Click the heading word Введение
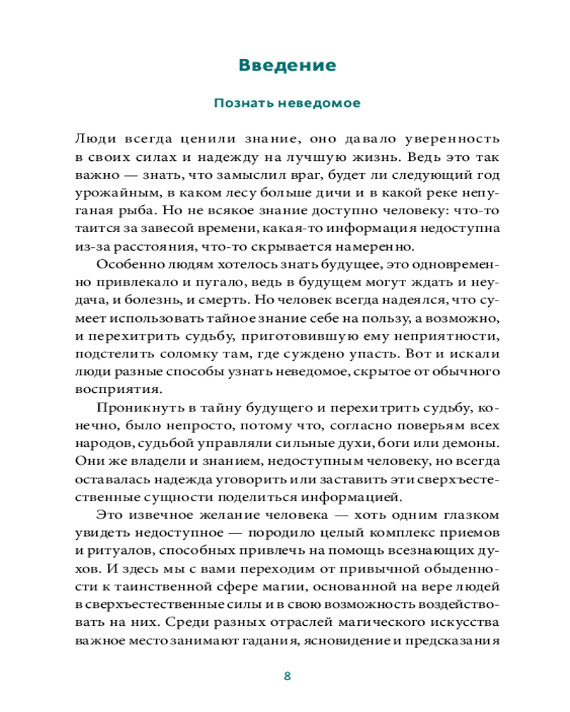[287, 66]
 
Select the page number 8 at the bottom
[287, 676]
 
